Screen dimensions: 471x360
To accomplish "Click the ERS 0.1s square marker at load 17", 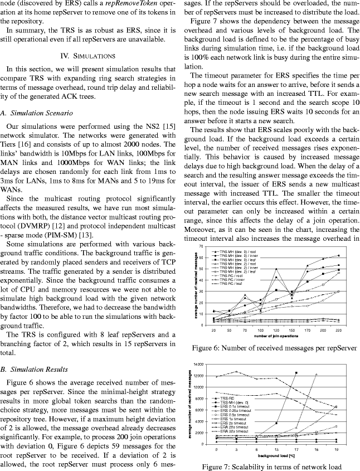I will pyautogui.click(x=296, y=372).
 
